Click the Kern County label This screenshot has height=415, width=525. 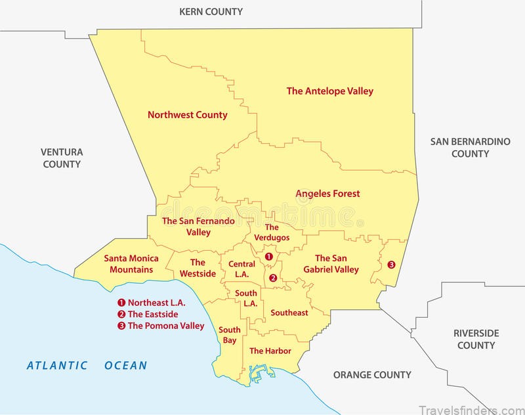[211, 11]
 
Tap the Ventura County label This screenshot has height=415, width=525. [62, 158]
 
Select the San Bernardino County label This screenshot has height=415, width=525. [470, 147]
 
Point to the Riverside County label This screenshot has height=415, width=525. [476, 339]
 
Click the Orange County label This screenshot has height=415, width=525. [372, 375]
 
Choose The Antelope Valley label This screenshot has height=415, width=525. [329, 91]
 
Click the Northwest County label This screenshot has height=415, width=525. [187, 114]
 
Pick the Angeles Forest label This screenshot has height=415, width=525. [327, 193]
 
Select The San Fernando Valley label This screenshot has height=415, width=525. [198, 227]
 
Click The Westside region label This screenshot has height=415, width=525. [198, 267]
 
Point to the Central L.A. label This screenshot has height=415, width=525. [241, 269]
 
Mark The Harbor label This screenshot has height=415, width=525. [270, 351]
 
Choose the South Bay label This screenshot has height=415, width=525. [228, 335]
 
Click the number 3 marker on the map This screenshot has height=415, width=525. [391, 265]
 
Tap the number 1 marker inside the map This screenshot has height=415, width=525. [268, 256]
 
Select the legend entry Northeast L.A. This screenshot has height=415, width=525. [152, 303]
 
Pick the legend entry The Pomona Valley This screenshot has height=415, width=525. [161, 325]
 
